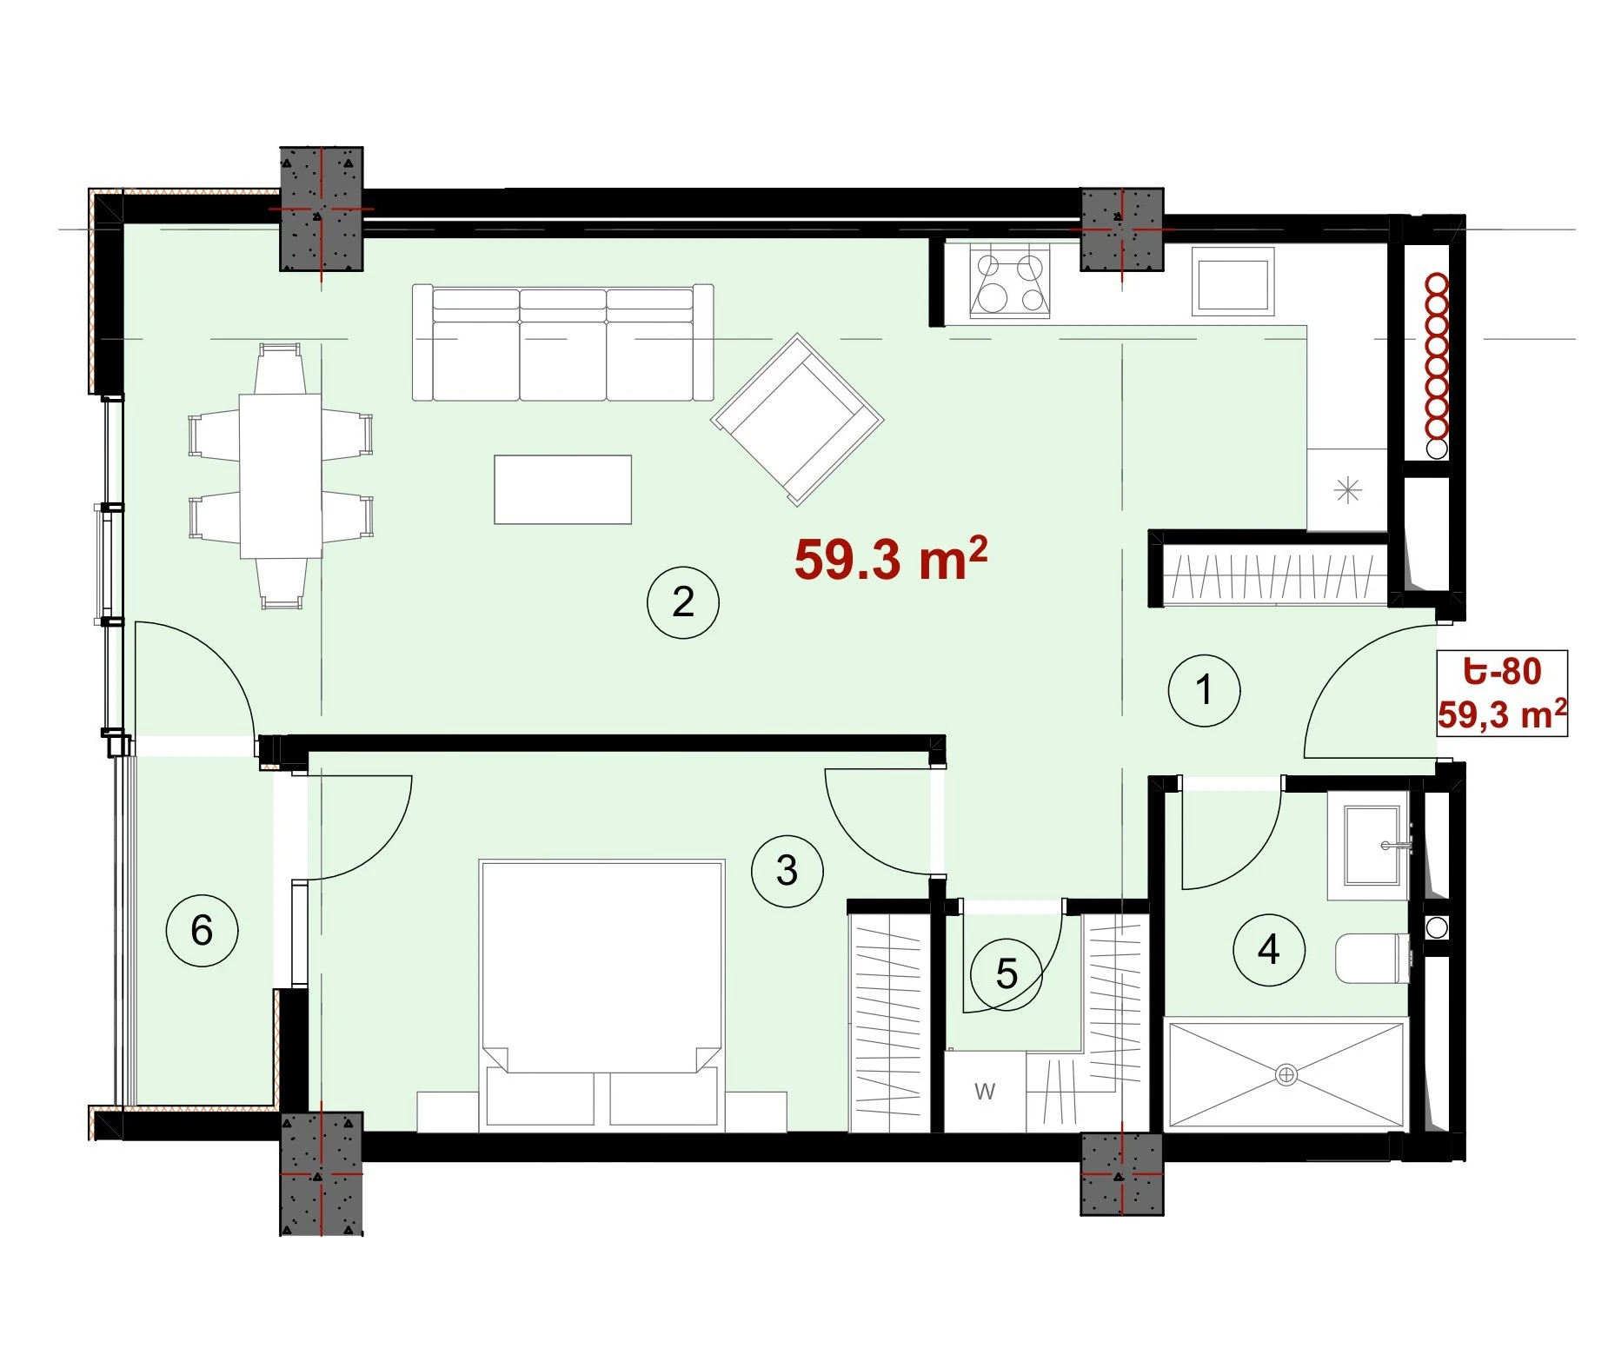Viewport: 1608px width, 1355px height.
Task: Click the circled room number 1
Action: pyautogui.click(x=1204, y=690)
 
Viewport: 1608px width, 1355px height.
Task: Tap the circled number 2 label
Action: pyautogui.click(x=683, y=602)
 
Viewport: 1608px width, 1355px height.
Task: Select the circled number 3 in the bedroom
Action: pyautogui.click(x=787, y=871)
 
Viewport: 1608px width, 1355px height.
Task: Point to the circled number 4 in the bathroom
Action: pyautogui.click(x=1269, y=950)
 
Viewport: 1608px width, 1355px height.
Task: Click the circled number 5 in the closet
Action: pyautogui.click(x=1007, y=974)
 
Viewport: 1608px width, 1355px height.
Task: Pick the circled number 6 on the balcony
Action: pyautogui.click(x=202, y=931)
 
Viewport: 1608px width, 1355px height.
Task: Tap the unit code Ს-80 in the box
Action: pyautogui.click(x=1503, y=671)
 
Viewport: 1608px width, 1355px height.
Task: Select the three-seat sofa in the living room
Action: pyautogui.click(x=563, y=342)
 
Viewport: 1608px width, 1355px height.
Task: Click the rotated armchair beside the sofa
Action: pyautogui.click(x=797, y=419)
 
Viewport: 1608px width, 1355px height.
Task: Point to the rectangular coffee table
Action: pyautogui.click(x=563, y=489)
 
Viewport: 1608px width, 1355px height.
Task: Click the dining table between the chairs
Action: pyautogui.click(x=281, y=475)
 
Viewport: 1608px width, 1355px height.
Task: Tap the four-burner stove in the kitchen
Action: pyautogui.click(x=1010, y=282)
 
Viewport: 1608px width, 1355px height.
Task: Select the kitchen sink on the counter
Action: pyautogui.click(x=1233, y=281)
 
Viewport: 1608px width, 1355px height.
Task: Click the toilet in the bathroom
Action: pyautogui.click(x=1372, y=958)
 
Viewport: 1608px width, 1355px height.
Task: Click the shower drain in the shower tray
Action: pyautogui.click(x=1286, y=1076)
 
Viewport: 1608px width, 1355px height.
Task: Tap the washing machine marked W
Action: pyautogui.click(x=985, y=1091)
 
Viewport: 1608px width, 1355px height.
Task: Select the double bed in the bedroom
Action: pyautogui.click(x=601, y=996)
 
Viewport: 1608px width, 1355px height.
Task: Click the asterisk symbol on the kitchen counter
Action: pyautogui.click(x=1347, y=490)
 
